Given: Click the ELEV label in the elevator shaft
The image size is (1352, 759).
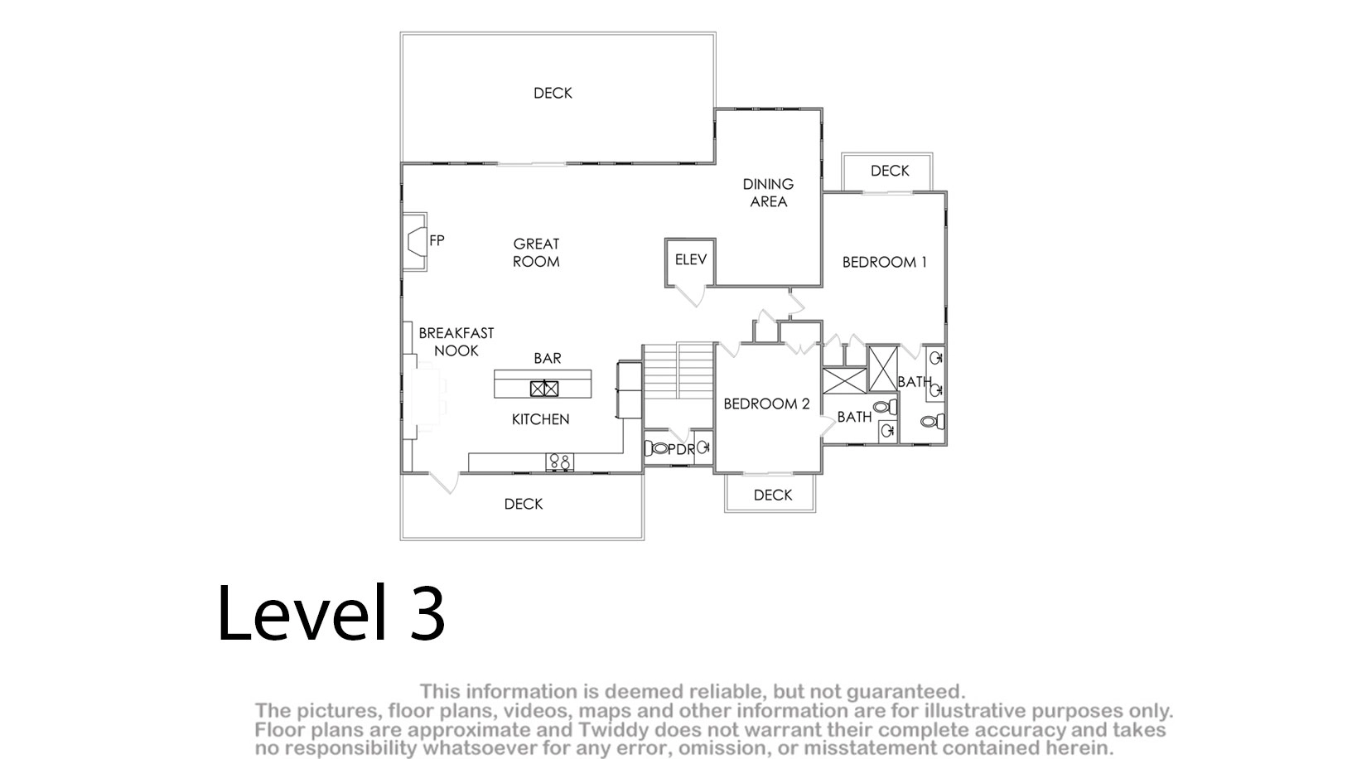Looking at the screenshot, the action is (690, 259).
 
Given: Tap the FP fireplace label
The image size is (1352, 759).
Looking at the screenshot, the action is (437, 240).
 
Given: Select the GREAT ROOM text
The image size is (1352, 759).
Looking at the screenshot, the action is (536, 253).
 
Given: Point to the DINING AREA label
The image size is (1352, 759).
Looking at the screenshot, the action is (768, 192).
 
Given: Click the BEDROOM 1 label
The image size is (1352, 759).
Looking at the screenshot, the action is (884, 262).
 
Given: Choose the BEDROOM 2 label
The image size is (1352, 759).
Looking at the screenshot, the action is (766, 404).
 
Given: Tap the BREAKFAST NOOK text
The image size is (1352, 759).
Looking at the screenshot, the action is (456, 341).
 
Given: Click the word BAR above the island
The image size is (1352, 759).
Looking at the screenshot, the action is (548, 358).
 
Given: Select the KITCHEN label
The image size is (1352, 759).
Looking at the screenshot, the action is (540, 419).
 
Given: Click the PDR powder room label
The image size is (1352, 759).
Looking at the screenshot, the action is (682, 450).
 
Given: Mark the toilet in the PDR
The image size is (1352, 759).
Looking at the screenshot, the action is (656, 448).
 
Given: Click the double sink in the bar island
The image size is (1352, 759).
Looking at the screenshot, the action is (543, 389).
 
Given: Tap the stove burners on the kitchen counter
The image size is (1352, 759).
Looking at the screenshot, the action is (559, 462).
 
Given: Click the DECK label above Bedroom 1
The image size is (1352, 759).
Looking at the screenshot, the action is (890, 171).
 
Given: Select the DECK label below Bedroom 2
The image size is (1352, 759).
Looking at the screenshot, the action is (773, 496).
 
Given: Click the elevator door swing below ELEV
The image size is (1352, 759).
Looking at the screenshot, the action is (691, 295).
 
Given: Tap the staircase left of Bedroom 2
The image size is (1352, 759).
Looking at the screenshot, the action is (678, 370).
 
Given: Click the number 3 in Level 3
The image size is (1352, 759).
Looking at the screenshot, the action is (427, 612).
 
